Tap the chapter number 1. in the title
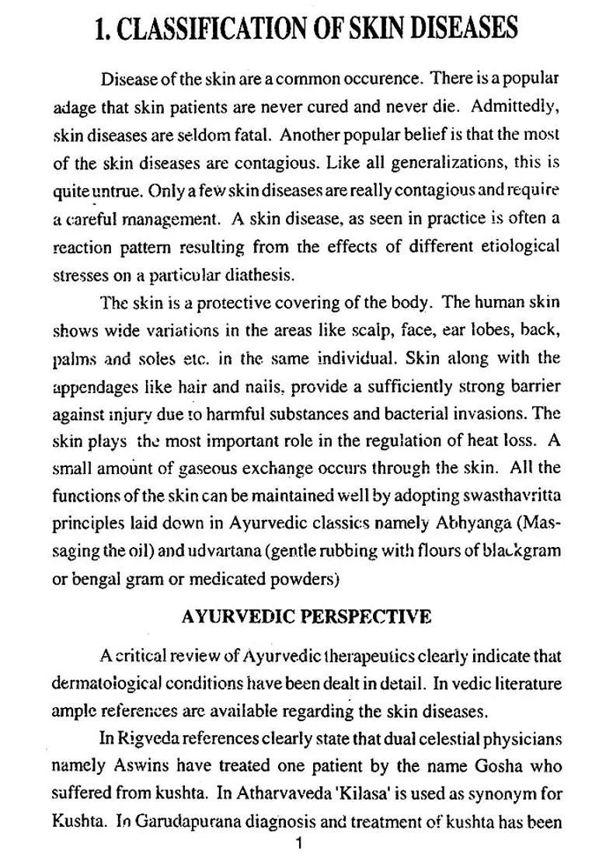(x=104, y=29)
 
